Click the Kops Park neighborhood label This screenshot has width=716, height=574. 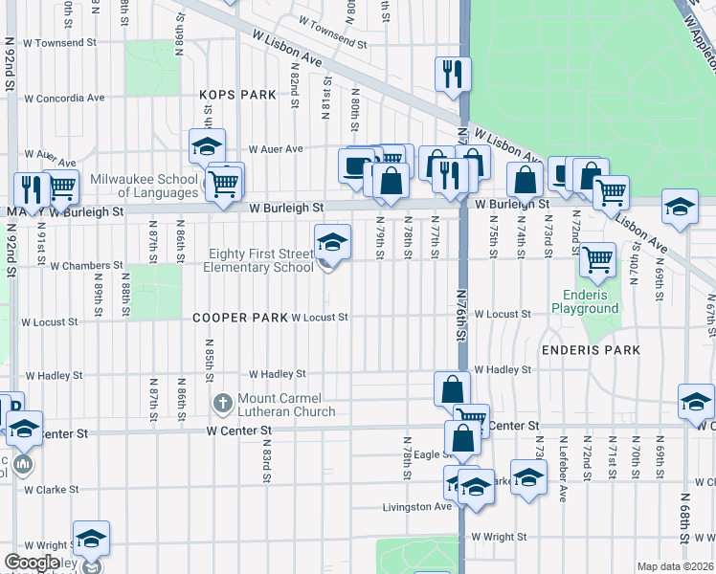click(x=237, y=95)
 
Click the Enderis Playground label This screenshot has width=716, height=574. click(x=585, y=302)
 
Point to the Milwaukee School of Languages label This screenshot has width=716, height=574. click(x=144, y=186)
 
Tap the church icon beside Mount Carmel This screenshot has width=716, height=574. click(x=222, y=400)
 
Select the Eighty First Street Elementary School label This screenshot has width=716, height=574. click(x=258, y=260)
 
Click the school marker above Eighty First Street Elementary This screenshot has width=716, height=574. click(x=332, y=242)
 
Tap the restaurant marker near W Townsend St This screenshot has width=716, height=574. click(x=450, y=74)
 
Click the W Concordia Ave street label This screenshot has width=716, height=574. click(x=64, y=98)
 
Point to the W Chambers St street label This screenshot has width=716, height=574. click(x=87, y=265)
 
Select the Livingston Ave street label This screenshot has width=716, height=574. click(x=416, y=507)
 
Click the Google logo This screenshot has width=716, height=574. click(x=33, y=563)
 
